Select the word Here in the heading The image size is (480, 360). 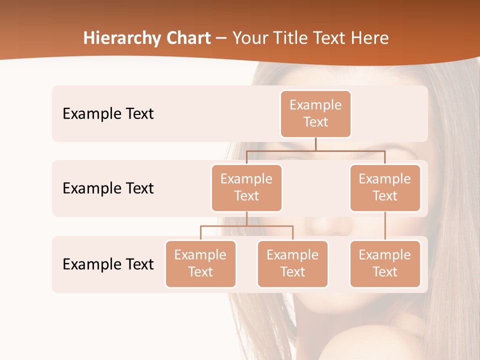coord(370,38)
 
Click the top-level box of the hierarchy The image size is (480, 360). coord(315,114)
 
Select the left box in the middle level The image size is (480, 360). coord(246,188)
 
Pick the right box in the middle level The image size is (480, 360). coord(385,188)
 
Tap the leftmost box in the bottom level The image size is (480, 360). coord(200,264)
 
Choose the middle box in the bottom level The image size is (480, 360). coord(292,264)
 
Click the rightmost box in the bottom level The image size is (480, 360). coord(385,264)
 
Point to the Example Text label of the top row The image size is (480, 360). coord(108,114)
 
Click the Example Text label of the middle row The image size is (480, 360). coord(108,188)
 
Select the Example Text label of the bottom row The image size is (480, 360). coord(108,264)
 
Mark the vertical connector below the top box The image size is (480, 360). coord(315,144)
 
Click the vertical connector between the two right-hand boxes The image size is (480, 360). coord(385,226)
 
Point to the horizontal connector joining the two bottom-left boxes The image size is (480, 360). coord(246,226)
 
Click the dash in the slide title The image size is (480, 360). coord(221,38)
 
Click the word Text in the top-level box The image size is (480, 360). coord(315,122)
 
